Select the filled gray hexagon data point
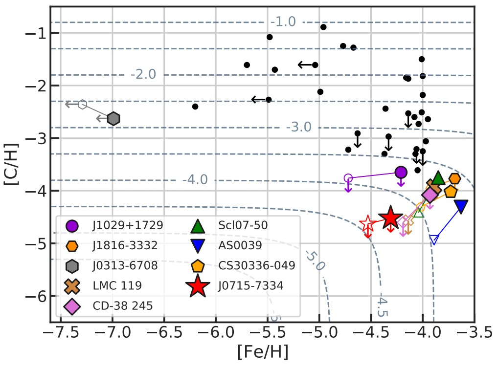(113, 119)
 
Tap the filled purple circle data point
(401, 172)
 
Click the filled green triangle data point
(438, 179)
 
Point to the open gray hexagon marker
(82, 104)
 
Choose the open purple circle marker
(348, 178)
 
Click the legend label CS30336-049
(257, 266)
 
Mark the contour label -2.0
(143, 75)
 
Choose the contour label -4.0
(195, 180)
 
